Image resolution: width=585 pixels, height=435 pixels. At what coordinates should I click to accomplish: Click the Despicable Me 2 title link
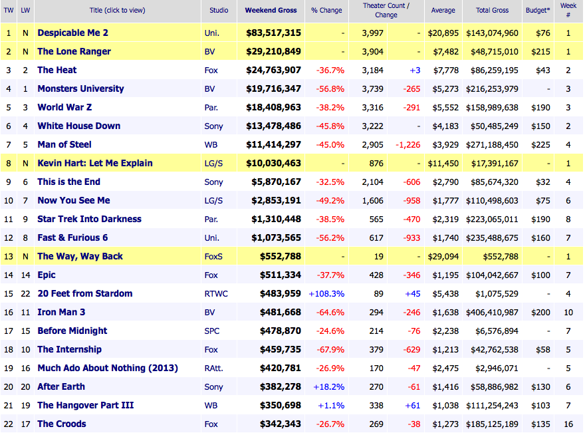click(73, 33)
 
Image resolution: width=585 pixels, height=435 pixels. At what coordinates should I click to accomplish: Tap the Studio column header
click(219, 11)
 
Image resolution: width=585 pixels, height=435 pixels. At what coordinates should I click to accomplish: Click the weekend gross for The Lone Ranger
click(273, 51)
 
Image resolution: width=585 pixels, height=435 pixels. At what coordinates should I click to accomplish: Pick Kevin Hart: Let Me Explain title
click(95, 163)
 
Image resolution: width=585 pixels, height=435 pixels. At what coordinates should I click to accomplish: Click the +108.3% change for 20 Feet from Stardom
click(327, 293)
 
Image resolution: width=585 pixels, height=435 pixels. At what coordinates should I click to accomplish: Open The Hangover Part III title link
click(86, 405)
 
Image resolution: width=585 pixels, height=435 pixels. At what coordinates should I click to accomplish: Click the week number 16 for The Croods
click(568, 424)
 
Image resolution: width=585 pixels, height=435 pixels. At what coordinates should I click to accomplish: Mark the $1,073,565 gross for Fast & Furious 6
click(273, 237)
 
